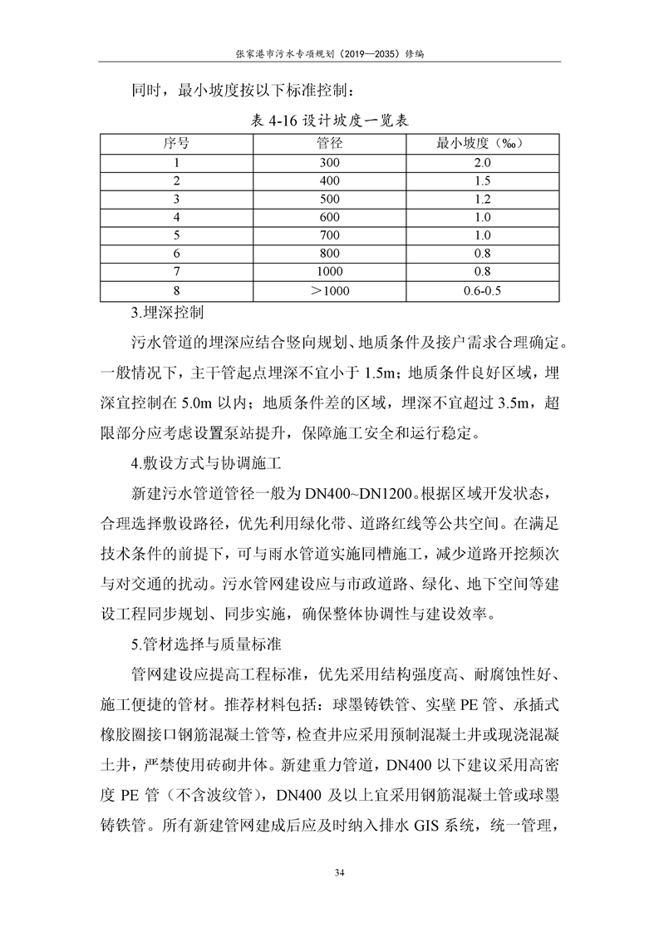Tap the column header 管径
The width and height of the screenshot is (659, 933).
coord(330,143)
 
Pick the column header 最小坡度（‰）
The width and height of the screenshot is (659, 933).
coord(484,143)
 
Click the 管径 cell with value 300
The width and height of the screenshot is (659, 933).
coord(330,163)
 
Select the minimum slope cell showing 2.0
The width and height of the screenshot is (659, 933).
coord(484,163)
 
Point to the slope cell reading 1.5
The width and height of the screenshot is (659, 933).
coord(484,181)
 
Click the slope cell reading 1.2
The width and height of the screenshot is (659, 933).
coord(484,200)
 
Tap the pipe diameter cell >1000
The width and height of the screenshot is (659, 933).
coord(330,290)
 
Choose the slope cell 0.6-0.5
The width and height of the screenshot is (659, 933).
coord(484,290)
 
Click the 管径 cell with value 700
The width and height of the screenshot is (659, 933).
coord(330,235)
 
